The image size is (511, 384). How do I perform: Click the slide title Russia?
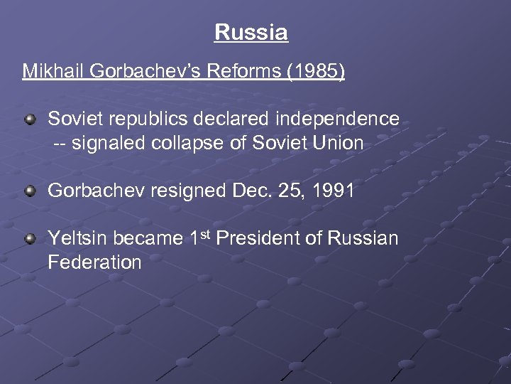[251, 33]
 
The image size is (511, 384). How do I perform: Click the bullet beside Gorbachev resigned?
[30, 191]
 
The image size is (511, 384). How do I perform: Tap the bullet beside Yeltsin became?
[30, 239]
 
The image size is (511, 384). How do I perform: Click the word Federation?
[94, 262]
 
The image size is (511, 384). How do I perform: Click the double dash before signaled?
[62, 143]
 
